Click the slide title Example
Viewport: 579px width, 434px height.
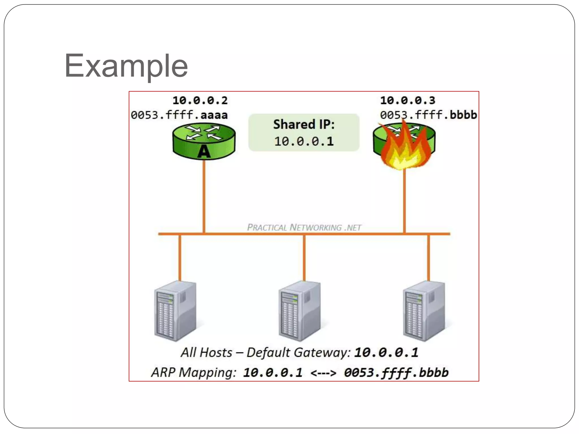pyautogui.click(x=126, y=66)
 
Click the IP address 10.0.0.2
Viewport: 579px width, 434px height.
pyautogui.click(x=200, y=100)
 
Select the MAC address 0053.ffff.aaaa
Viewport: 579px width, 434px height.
pyautogui.click(x=179, y=115)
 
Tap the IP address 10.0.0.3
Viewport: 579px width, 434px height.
pyautogui.click(x=407, y=100)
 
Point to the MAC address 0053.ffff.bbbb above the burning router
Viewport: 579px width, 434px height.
pyautogui.click(x=428, y=115)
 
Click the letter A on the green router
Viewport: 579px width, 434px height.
pyautogui.click(x=204, y=152)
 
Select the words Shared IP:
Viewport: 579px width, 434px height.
pyautogui.click(x=304, y=124)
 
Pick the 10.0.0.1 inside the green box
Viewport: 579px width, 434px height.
pyautogui.click(x=304, y=141)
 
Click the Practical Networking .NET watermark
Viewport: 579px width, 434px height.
pyautogui.click(x=304, y=227)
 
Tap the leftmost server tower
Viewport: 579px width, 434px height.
pyautogui.click(x=175, y=311)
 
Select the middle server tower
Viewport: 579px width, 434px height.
pyautogui.click(x=300, y=311)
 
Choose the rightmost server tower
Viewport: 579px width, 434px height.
pyautogui.click(x=424, y=311)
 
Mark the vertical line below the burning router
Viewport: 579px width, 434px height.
pyautogui.click(x=404, y=201)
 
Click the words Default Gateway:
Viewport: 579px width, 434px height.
pyautogui.click(x=299, y=353)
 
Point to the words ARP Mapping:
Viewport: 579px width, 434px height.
pyautogui.click(x=194, y=372)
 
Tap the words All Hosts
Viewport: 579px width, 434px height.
pyautogui.click(x=207, y=353)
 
